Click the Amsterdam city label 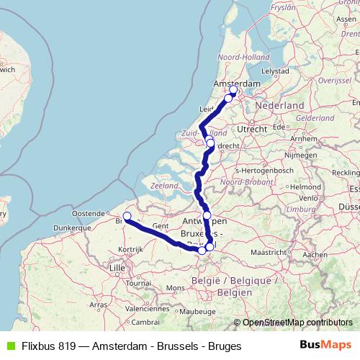(237, 84)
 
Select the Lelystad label (275, 71)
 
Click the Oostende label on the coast (88, 214)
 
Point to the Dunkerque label (69, 228)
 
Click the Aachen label (315, 255)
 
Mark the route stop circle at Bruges (127, 216)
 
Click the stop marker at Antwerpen (207, 215)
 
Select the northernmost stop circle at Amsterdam (233, 90)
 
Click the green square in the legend (9, 345)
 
